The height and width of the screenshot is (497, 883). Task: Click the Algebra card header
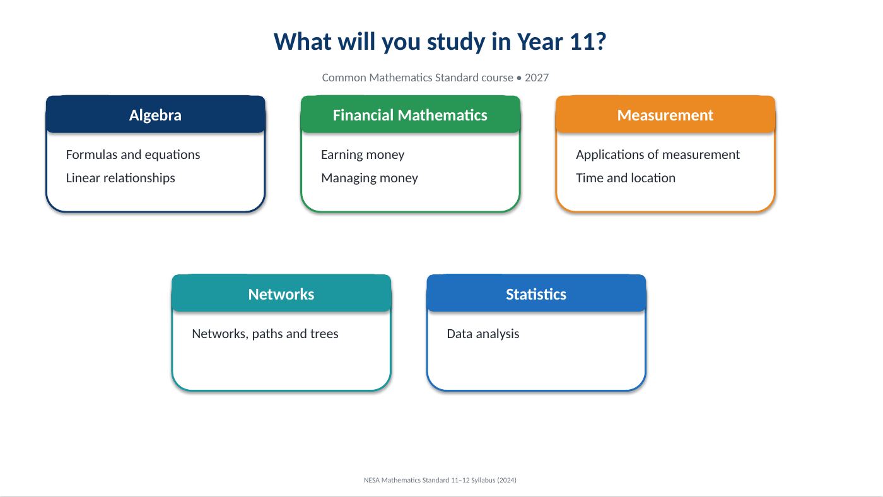155,114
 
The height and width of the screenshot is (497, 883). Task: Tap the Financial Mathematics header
411,114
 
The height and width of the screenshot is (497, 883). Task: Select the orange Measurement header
665,114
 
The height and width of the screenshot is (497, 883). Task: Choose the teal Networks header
281,293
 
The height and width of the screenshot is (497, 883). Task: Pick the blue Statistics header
536,293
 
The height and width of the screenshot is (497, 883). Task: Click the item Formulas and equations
133,155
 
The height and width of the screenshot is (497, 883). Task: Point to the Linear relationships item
120,178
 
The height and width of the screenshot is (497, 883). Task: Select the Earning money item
363,155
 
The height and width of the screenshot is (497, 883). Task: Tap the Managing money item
370,178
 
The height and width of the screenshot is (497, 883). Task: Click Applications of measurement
657,155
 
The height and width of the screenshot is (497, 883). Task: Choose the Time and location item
626,178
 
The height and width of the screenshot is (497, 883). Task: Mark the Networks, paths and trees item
265,334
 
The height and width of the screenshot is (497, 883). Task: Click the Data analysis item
483,334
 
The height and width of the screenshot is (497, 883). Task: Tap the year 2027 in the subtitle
537,78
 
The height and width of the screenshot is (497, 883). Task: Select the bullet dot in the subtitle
518,78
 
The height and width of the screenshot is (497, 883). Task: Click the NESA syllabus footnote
440,480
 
